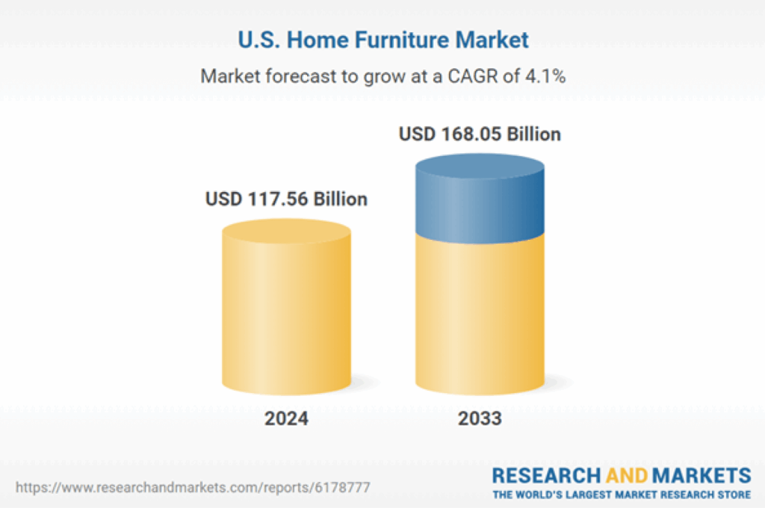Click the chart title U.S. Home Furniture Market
click(382, 40)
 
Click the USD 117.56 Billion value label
click(286, 199)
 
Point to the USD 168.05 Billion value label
click(480, 134)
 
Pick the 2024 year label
click(286, 418)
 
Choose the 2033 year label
click(480, 418)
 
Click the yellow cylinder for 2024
click(286, 321)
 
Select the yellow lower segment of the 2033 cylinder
click(480, 314)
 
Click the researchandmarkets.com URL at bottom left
click(193, 487)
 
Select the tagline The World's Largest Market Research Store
click(621, 495)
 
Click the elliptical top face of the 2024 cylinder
click(286, 230)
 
